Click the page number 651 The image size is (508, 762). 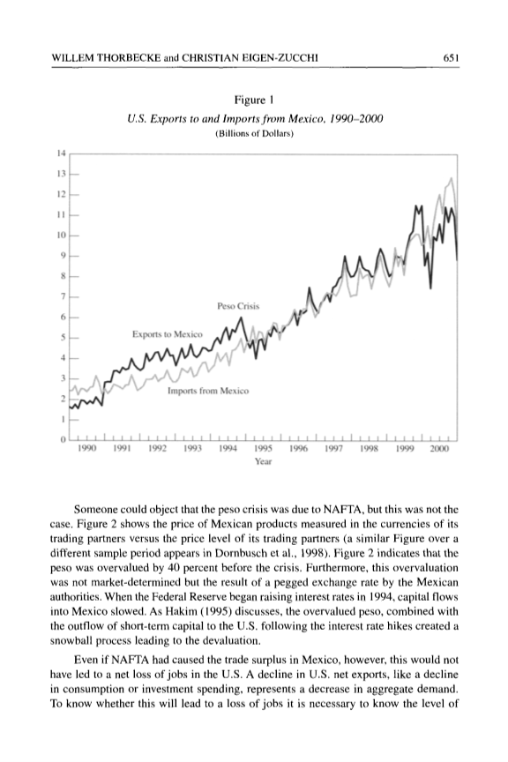[452, 58]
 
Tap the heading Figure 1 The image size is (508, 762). [254, 101]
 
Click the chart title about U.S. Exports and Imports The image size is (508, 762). [255, 119]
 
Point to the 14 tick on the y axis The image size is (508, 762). [61, 153]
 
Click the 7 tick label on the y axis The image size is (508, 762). [63, 296]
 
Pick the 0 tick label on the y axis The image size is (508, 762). [63, 439]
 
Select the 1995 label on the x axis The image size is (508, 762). [263, 449]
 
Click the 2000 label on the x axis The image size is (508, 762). [439, 449]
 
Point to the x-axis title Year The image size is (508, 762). [263, 461]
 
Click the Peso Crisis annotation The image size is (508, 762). [238, 306]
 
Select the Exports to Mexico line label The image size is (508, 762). [168, 334]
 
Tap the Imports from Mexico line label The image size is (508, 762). [208, 392]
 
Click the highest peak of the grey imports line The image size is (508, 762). [452, 178]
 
